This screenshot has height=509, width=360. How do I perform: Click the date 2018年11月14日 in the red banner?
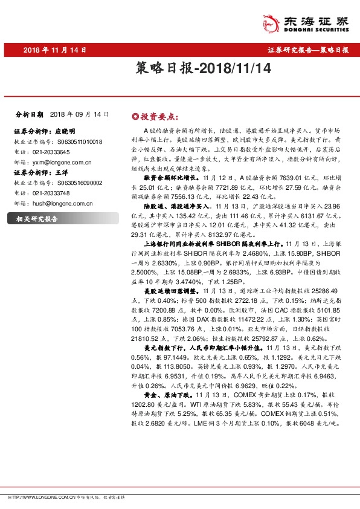(x=55, y=50)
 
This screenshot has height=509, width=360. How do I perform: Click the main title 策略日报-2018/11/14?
(x=179, y=70)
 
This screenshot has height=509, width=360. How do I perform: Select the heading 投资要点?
(x=159, y=115)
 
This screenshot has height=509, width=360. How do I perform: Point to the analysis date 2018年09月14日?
(x=79, y=114)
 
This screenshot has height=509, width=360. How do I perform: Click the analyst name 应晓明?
(x=65, y=131)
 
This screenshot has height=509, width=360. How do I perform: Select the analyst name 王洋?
(x=62, y=172)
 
